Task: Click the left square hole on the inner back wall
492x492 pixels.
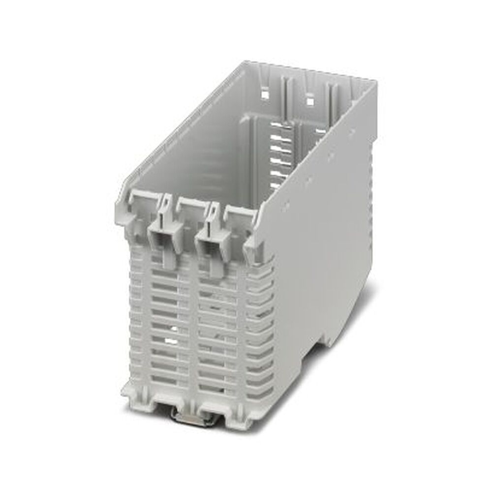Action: click(265, 93)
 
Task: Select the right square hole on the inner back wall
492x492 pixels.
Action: click(310, 101)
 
